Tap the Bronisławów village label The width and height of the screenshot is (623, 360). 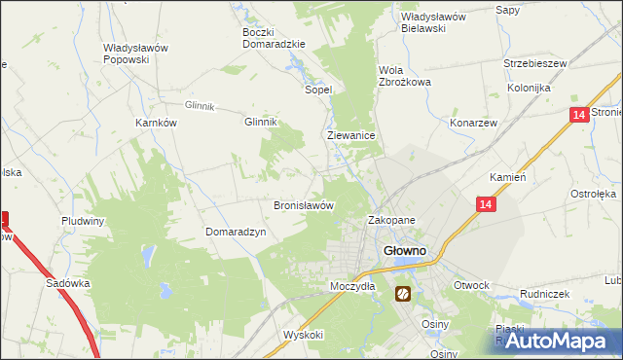pos(304,206)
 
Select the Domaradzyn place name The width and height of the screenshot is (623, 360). pos(235,232)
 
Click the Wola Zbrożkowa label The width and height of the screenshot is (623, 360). pos(404,76)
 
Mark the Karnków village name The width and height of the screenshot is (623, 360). pos(155,124)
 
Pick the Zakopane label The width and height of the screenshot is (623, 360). pos(391,221)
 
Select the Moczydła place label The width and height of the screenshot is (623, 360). pos(352,286)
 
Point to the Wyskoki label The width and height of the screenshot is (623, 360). pos(303,334)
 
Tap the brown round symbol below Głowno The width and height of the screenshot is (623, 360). pos(402,293)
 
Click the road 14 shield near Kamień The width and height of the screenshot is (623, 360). pos(486,204)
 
